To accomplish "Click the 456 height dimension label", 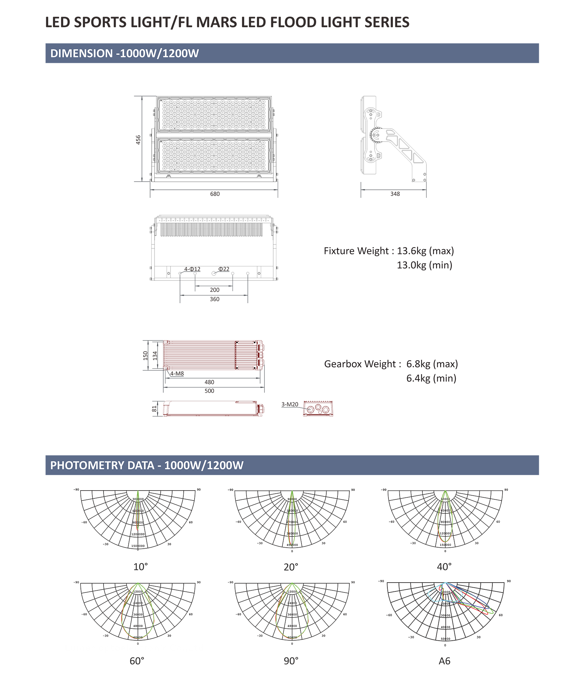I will pos(138,140).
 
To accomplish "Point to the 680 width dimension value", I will pos(215,194).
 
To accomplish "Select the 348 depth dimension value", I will pos(395,194).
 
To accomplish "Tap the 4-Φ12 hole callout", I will pos(192,269).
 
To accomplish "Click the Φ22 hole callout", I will pos(224,269).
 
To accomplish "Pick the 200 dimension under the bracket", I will pos(215,290).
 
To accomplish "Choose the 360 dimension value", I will pos(215,299).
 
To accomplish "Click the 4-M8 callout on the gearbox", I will pos(177,373).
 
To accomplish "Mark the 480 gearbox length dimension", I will pos(209,382).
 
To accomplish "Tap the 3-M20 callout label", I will pos(290,404).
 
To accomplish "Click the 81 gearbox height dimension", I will pos(154,409).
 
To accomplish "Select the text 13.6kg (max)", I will pos(425,251).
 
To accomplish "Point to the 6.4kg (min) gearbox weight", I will pos(431,378).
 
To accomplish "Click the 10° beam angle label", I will pos(141,567).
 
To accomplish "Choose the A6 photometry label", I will pos(444,661).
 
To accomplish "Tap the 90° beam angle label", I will pos(291,661).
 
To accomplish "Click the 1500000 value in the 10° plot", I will pos(138,546).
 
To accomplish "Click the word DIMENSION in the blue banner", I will pos(81,53).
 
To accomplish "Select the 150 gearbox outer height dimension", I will pos(146,355).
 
